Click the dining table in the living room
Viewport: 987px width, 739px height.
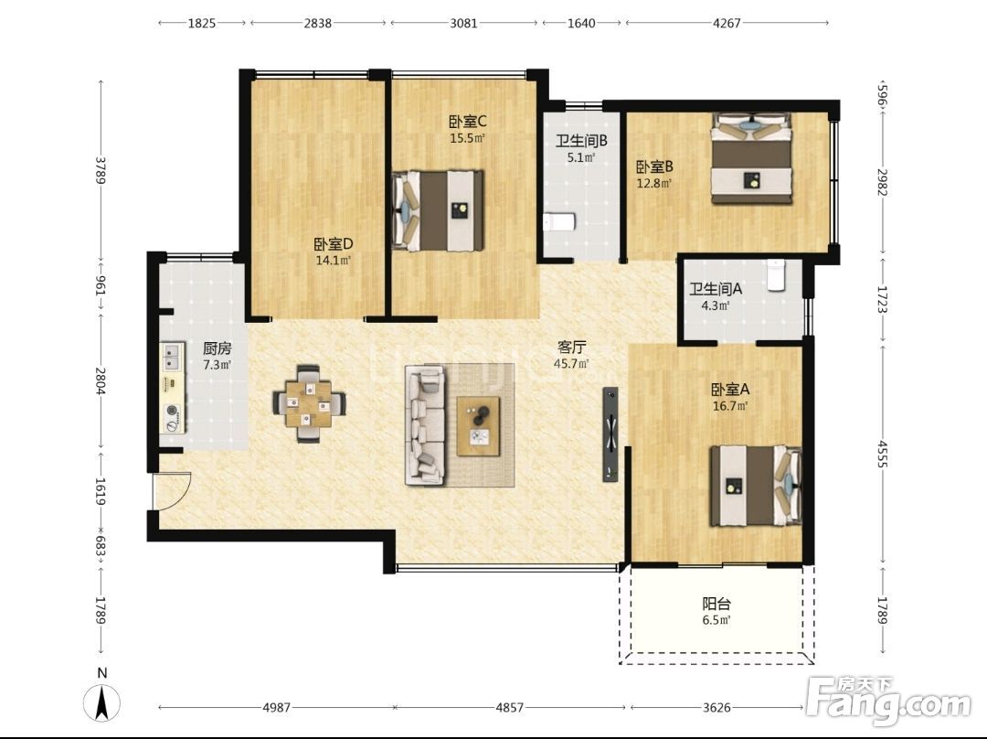(x=309, y=404)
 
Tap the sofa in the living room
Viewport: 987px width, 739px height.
(x=426, y=425)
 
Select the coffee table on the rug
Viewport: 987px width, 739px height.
(x=478, y=426)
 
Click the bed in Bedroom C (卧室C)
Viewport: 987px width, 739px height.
(x=438, y=211)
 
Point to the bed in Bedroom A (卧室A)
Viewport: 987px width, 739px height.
(x=756, y=485)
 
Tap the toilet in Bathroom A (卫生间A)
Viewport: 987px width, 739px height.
(x=776, y=274)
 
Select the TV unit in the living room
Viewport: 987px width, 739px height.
(x=610, y=434)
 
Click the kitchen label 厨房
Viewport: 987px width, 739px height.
(x=218, y=348)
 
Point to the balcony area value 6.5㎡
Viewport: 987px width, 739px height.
(x=716, y=620)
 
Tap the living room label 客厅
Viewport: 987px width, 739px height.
(x=572, y=348)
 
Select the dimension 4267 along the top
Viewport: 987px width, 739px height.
(x=727, y=23)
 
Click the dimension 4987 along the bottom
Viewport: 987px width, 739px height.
(x=276, y=708)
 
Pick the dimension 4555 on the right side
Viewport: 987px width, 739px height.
(x=882, y=454)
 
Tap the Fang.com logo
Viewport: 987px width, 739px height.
(x=888, y=700)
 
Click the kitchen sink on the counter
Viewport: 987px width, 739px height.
(x=171, y=358)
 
